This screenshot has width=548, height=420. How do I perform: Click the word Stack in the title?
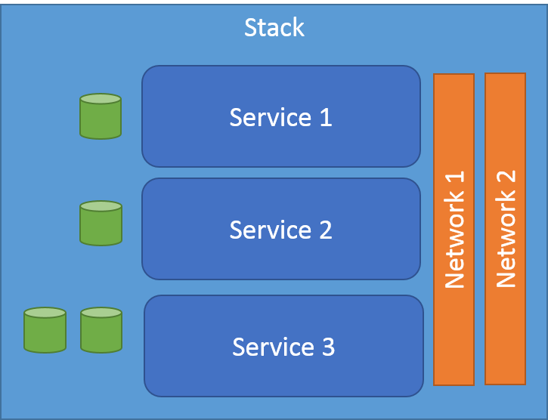(x=274, y=28)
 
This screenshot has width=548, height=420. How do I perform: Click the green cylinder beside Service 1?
(x=101, y=116)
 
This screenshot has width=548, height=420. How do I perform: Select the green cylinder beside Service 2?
(x=101, y=223)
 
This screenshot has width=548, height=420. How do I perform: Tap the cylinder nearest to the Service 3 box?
(x=101, y=329)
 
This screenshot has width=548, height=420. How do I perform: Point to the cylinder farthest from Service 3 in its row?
(x=45, y=329)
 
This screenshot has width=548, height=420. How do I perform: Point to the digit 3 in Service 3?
(x=327, y=347)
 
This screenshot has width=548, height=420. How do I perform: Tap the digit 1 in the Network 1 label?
(x=454, y=180)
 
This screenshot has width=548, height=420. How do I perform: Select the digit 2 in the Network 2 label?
(x=506, y=178)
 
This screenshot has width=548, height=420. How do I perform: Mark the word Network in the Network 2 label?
(x=506, y=242)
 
